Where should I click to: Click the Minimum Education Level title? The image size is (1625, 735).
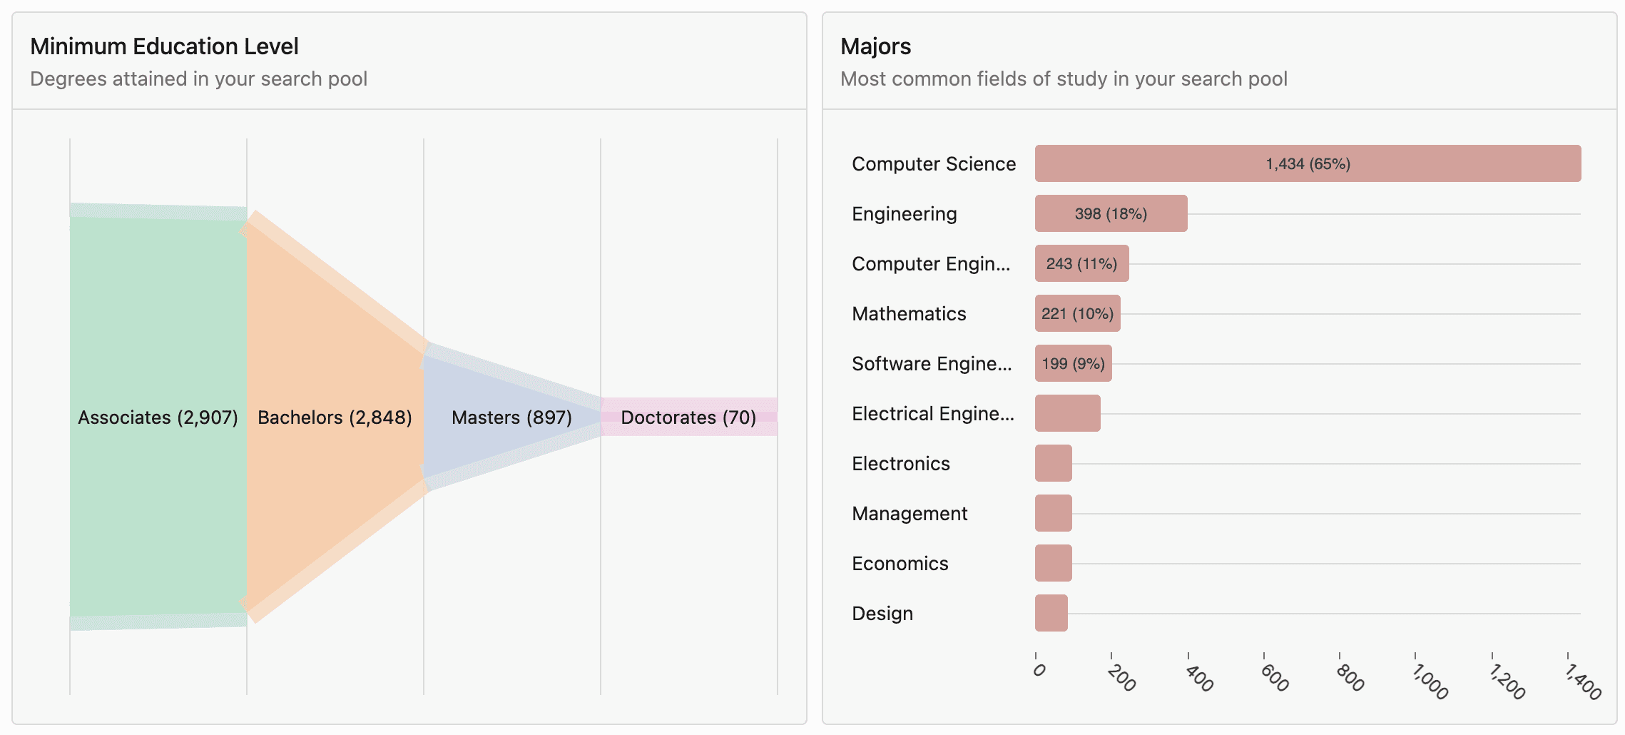tap(164, 46)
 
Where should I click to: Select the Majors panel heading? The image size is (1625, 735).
tap(875, 46)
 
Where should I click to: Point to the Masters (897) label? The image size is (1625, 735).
tap(511, 417)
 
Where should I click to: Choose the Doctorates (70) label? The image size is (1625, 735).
tap(688, 417)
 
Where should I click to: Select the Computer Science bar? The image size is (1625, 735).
tap(1308, 163)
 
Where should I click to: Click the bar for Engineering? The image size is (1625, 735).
tap(1111, 213)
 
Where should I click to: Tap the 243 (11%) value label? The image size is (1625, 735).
tap(1081, 264)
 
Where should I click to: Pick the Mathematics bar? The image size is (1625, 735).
tap(1077, 313)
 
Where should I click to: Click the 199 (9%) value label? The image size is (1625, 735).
tap(1073, 364)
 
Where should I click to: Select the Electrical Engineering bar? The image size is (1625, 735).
tap(1067, 413)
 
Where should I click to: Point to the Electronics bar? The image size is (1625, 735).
tap(1053, 463)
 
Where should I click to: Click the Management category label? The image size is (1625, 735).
tap(910, 514)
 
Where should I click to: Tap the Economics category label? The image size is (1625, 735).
tap(900, 564)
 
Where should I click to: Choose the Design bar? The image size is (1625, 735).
tap(1051, 613)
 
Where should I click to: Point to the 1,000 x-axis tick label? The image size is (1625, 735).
tap(1430, 681)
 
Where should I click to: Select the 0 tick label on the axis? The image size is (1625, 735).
tap(1039, 670)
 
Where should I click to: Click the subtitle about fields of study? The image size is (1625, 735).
tap(1064, 78)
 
